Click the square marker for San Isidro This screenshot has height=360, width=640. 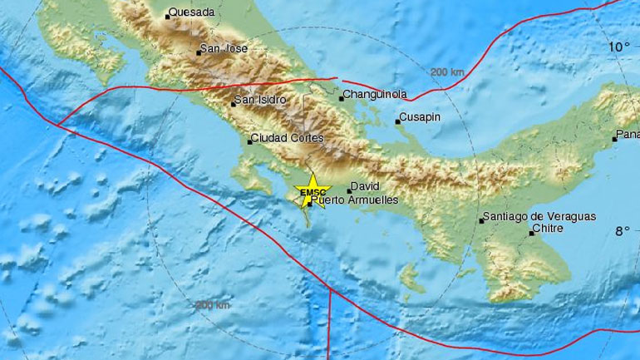click(x=234, y=104)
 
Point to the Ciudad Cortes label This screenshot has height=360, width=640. click(x=286, y=139)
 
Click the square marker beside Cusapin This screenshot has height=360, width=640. click(x=397, y=122)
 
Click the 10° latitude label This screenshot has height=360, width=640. click(x=617, y=47)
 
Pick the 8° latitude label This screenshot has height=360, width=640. click(x=620, y=231)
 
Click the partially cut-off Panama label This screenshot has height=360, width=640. click(x=627, y=135)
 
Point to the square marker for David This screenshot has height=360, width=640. click(x=348, y=190)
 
